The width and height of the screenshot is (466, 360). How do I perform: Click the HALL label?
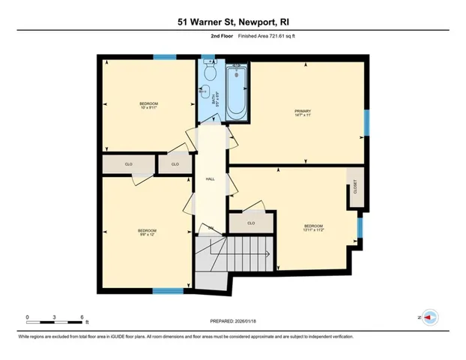click(x=211, y=179)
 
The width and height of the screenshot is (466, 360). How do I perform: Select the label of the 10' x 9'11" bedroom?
click(x=148, y=104)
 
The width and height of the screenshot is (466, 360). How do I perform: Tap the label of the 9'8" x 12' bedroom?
click(x=147, y=231)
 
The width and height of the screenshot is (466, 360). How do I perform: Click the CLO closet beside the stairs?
click(x=251, y=223)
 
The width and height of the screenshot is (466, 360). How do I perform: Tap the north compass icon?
click(x=430, y=318)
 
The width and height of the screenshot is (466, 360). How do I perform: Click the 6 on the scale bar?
click(x=81, y=317)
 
